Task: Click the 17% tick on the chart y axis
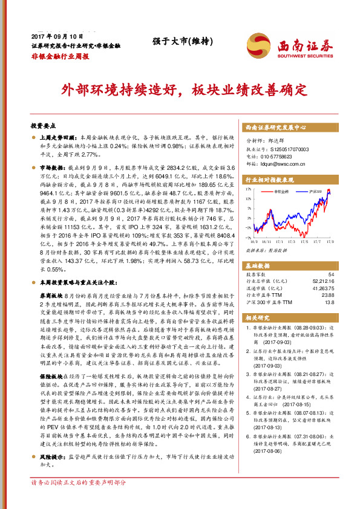[x=249, y=189]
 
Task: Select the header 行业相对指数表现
[x=269, y=180]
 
